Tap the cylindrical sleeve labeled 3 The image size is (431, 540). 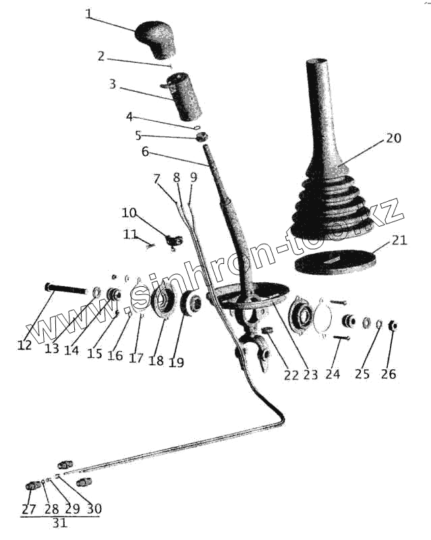pos(185,98)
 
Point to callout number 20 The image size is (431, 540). pos(393,138)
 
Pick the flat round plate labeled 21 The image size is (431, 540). pos(335,263)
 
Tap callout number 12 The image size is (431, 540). pos(25,345)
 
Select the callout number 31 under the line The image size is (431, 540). pos(59,523)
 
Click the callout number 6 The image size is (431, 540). pos(145,152)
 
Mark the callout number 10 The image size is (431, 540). pos(129,213)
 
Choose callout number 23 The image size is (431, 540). pos(310,375)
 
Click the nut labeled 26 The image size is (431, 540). pos(394,326)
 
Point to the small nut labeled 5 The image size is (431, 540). pos(201,138)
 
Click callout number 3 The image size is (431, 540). pos(113,85)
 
